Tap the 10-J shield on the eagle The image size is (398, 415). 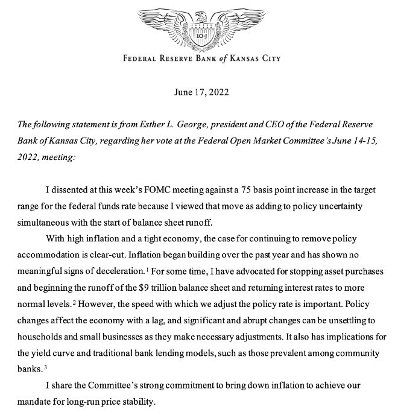[199, 37]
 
